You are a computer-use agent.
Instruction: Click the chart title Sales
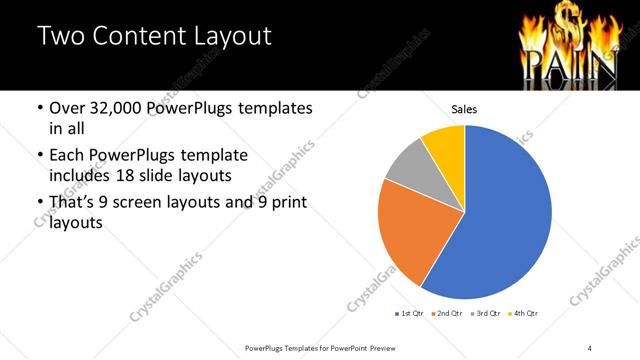(465, 108)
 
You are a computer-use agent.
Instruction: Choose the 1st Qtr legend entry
(409, 313)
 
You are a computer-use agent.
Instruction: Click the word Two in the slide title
(61, 36)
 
